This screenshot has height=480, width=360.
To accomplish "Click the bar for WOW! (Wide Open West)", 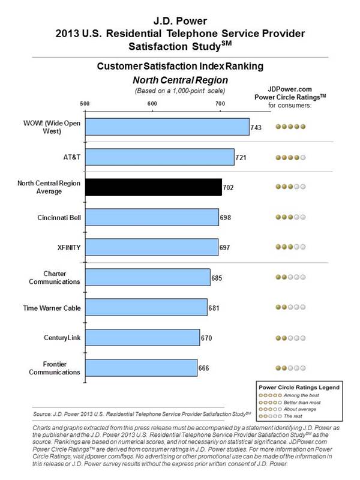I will click(x=167, y=127).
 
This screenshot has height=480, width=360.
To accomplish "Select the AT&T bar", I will click(x=160, y=157).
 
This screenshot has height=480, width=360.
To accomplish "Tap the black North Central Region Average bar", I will click(x=153, y=187).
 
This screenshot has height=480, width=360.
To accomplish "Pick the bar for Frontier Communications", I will click(x=141, y=368).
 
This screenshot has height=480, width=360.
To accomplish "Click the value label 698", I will click(x=225, y=217).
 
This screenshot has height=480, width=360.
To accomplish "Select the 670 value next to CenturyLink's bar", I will click(x=206, y=338).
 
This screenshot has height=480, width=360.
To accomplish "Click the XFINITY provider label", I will click(x=65, y=247).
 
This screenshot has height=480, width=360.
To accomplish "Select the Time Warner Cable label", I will click(x=53, y=308).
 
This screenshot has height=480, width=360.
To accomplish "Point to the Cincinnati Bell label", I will click(x=56, y=217).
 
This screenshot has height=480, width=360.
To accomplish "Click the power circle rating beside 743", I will click(x=290, y=127).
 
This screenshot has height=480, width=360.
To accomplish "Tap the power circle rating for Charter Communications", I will click(x=290, y=278).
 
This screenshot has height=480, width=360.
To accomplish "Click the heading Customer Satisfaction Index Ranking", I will click(x=180, y=67).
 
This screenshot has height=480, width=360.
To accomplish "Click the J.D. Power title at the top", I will click(x=180, y=10).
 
